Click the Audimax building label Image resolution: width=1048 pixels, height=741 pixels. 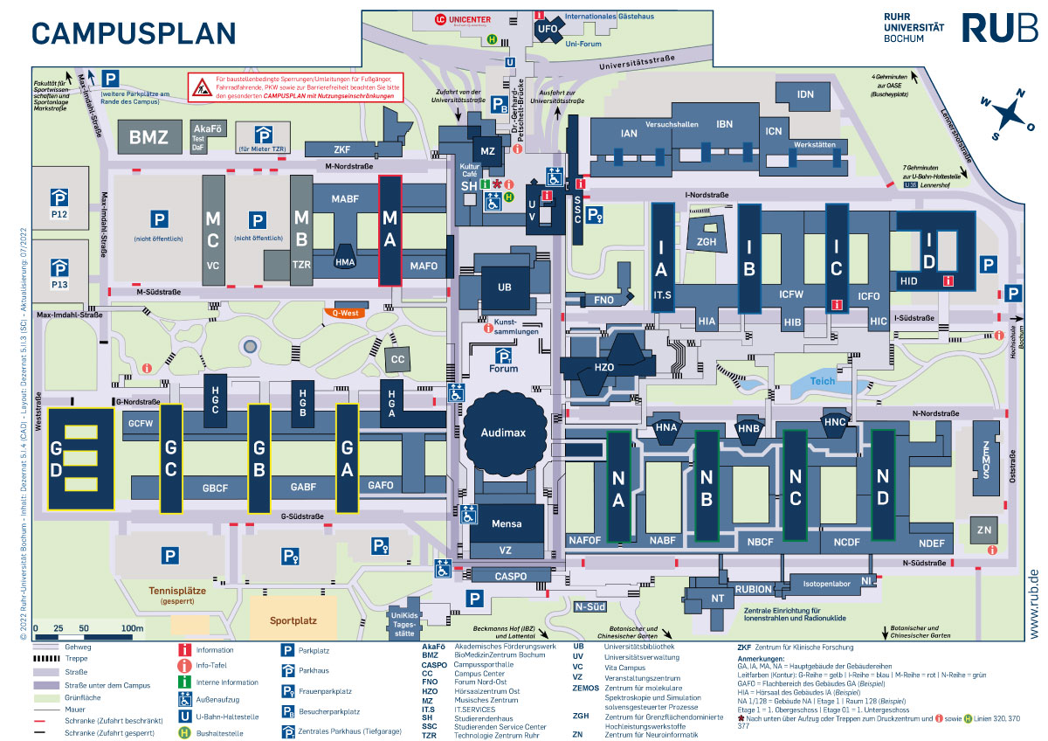pos(495,433)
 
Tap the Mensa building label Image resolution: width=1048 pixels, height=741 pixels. pos(506,523)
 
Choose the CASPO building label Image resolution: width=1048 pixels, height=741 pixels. pos(511,577)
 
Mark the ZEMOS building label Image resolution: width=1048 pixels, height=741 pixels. pos(985,458)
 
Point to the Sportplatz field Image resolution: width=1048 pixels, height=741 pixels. pos(293,620)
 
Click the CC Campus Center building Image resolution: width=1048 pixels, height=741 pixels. pos(398,359)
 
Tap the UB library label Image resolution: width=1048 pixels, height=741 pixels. pos(505,287)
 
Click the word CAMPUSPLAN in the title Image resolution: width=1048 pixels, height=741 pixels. pos(134,32)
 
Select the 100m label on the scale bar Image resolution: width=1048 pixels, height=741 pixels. pos(132,628)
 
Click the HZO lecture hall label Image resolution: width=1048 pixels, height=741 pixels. pos(604,368)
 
